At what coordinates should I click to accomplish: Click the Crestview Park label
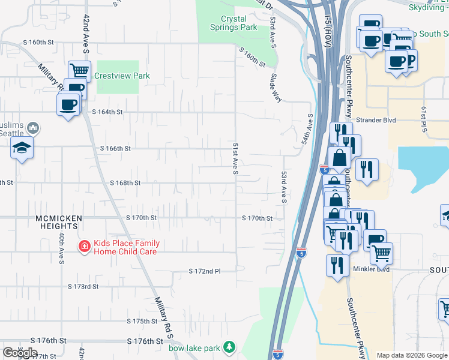pyautogui.click(x=122, y=76)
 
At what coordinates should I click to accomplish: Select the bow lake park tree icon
pyautogui.click(x=228, y=347)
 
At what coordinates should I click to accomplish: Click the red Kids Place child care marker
pyautogui.click(x=85, y=247)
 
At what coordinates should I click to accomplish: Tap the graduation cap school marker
pyautogui.click(x=22, y=148)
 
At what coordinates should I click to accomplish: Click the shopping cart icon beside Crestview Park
pyautogui.click(x=79, y=71)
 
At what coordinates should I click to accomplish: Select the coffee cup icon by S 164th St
pyautogui.click(x=67, y=105)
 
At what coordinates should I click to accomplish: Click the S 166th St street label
pyautogui.click(x=115, y=148)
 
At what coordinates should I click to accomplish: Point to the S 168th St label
pyautogui.click(x=125, y=183)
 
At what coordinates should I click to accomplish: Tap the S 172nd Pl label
pyautogui.click(x=205, y=271)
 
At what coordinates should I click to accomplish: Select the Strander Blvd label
pyautogui.click(x=376, y=120)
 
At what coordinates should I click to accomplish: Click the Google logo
pyautogui.click(x=20, y=353)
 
